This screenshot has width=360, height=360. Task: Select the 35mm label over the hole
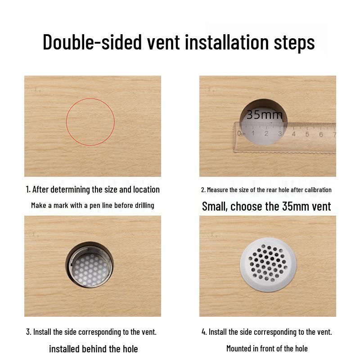(265, 115)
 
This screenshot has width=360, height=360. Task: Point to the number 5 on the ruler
(307, 134)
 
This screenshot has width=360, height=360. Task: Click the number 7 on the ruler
(334, 134)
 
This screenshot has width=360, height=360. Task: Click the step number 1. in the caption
(28, 189)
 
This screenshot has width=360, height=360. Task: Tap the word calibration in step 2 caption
(317, 190)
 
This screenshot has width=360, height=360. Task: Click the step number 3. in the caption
(28, 332)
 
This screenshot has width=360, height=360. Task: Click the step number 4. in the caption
(204, 332)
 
